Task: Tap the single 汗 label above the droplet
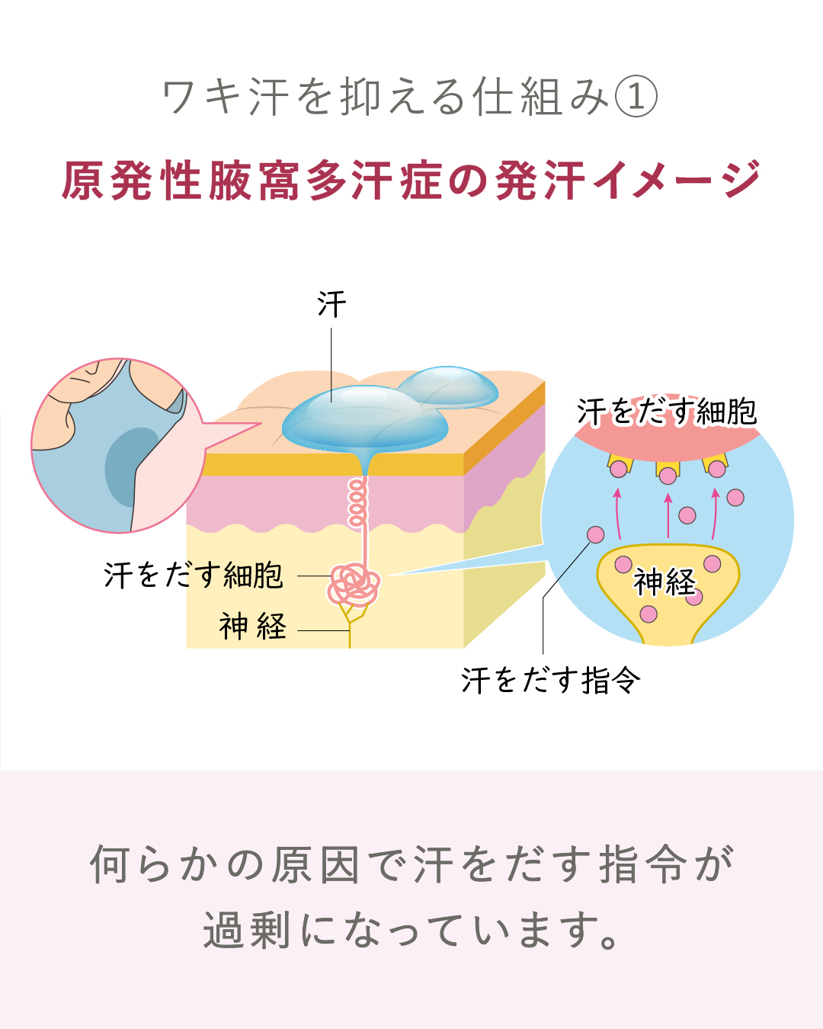tap(331, 305)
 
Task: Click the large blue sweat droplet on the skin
tap(358, 419)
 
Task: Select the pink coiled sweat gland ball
tap(354, 584)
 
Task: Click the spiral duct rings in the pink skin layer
tap(357, 502)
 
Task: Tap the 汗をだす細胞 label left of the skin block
tap(194, 575)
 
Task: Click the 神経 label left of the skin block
tap(253, 627)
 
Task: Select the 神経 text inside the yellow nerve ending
tap(664, 582)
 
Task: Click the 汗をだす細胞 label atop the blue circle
tap(667, 412)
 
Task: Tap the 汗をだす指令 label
tap(550, 680)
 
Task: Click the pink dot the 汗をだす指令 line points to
tap(596, 534)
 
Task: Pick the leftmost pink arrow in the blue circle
tap(618, 514)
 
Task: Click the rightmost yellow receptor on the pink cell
tap(716, 465)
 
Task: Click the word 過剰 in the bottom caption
tap(246, 931)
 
